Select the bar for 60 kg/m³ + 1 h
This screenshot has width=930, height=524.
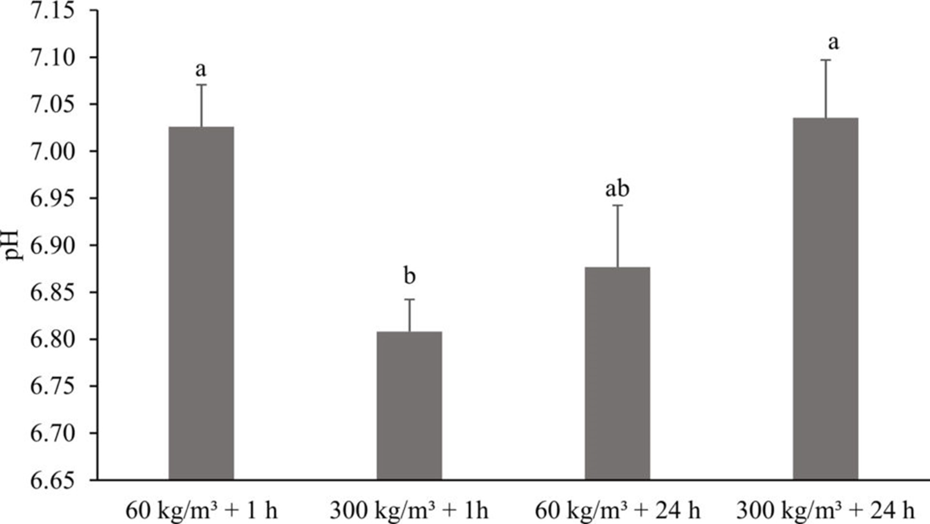[x=201, y=303]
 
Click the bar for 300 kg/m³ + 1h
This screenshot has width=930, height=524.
[x=409, y=405]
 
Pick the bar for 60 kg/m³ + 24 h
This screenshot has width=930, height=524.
[x=618, y=373]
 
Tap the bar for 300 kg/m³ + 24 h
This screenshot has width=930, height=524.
[x=826, y=298]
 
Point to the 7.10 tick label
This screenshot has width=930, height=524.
[x=53, y=58]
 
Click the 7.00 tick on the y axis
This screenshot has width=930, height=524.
[x=53, y=152]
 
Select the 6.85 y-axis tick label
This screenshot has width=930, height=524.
[x=53, y=292]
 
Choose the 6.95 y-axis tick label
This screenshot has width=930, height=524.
[x=53, y=198]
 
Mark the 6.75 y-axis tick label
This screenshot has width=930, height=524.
[x=53, y=386]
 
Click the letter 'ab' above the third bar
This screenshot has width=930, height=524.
[x=617, y=189]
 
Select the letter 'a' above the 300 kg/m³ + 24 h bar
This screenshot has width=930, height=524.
[x=833, y=43]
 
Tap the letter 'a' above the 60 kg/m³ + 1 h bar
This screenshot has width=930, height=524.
[x=201, y=70]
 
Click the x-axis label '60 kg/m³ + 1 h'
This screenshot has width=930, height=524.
[x=201, y=511]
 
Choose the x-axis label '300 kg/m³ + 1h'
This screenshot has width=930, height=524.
[x=409, y=511]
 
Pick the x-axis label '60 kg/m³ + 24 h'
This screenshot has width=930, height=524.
[x=618, y=511]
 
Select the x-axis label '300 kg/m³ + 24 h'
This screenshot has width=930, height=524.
[x=826, y=511]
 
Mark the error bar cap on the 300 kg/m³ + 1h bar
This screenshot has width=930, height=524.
[x=409, y=299]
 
